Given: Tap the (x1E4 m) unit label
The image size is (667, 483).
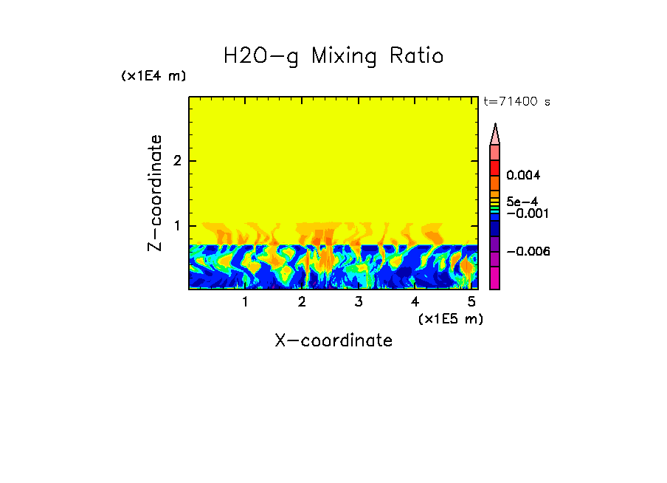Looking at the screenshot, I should [x=153, y=76].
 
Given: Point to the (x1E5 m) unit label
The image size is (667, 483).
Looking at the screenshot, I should [x=450, y=318].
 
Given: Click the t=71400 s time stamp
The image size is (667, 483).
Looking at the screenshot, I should [x=516, y=102].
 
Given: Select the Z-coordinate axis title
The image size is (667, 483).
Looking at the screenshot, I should [x=155, y=193].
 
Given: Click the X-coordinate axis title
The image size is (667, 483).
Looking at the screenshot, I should [x=333, y=340].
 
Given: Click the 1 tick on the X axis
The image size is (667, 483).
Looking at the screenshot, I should [x=245, y=302].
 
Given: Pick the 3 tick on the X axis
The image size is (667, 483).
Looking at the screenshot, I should [x=358, y=302].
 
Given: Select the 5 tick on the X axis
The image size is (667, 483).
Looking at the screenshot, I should [x=471, y=302].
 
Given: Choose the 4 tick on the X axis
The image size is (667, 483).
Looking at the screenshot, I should [x=415, y=302].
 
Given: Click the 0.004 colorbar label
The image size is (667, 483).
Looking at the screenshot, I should [x=523, y=176].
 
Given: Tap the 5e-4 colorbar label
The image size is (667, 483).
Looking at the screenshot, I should [x=522, y=201].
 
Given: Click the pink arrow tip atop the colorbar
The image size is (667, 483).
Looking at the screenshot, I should [x=495, y=134].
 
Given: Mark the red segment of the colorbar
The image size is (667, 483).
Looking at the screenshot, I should [x=495, y=168].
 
